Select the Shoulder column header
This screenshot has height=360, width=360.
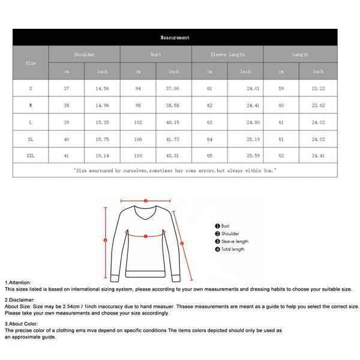[x=84, y=55]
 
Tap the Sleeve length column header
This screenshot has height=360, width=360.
[x=227, y=55]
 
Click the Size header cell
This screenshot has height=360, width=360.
[x=31, y=62]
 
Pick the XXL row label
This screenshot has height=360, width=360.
[x=31, y=155]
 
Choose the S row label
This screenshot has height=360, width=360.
[x=31, y=88]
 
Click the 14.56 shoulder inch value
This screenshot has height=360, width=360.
[x=103, y=88]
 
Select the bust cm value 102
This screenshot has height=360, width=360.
[x=138, y=122]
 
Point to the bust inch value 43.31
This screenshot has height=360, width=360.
[x=173, y=155]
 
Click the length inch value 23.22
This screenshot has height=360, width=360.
[x=318, y=88]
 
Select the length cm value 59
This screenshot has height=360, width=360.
[x=281, y=88]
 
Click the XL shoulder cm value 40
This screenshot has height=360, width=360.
[x=67, y=139]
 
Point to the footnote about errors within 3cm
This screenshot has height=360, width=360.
[x=175, y=170]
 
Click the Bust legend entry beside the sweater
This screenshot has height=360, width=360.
[x=225, y=226]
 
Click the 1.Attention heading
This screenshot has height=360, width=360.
[x=18, y=282]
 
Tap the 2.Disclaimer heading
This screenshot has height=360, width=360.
[x=20, y=299]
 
